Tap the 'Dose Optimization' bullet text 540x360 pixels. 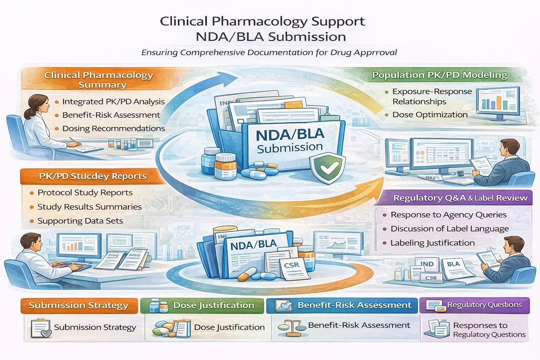click(x=430, y=115)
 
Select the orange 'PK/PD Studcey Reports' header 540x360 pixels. click(x=93, y=176)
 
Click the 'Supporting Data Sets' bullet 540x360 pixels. click(x=80, y=221)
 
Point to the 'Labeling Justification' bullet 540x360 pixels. click(x=432, y=243)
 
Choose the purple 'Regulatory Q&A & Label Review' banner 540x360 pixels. click(x=460, y=198)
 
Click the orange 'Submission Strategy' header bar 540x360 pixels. click(x=78, y=305)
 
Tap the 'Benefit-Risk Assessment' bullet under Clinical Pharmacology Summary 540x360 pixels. click(x=111, y=115)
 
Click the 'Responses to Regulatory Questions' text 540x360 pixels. click(x=489, y=330)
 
